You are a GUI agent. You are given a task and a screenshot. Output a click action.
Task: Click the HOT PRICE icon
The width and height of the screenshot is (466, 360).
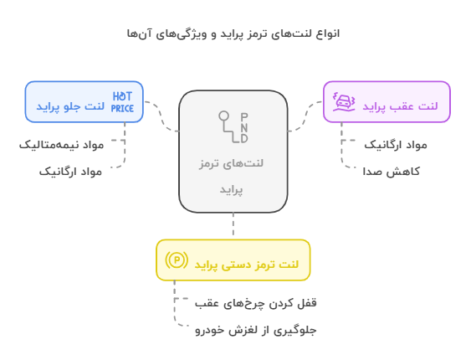122,102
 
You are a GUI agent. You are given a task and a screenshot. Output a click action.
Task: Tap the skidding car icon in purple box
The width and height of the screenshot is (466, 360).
344,102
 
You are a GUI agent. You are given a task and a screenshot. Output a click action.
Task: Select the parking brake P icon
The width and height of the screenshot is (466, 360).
177,260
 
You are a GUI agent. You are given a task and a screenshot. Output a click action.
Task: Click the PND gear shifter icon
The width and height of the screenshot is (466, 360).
233,127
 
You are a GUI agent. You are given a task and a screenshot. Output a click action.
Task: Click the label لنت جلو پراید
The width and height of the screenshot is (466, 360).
70,106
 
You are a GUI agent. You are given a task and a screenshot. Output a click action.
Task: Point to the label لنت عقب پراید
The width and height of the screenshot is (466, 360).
400,106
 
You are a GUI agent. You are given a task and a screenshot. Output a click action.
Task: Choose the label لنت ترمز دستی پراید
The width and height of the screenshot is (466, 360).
246,265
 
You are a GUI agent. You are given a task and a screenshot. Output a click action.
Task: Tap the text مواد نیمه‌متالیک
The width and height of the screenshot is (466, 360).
62,145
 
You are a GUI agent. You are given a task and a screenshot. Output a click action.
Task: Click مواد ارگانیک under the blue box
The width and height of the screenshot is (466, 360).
71,172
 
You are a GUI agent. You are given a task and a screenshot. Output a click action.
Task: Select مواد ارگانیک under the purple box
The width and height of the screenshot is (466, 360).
396,145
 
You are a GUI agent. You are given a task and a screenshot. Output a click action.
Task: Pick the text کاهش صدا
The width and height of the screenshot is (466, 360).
391,172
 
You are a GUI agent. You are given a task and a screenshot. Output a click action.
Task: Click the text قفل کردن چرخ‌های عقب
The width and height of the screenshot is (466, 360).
255,303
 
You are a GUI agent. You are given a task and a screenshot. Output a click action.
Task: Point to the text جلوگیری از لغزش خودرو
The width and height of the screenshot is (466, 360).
255,330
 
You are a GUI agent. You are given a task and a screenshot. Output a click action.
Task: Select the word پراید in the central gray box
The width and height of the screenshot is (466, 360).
231,189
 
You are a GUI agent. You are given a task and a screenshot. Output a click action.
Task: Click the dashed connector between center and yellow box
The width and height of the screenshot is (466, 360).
233,224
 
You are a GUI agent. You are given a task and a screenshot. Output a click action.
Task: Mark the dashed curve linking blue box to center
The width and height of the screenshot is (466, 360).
161,116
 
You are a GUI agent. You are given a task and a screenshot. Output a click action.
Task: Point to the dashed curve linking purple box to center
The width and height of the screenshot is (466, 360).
305,116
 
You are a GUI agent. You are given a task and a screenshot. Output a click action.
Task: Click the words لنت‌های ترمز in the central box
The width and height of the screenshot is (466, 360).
231,163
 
